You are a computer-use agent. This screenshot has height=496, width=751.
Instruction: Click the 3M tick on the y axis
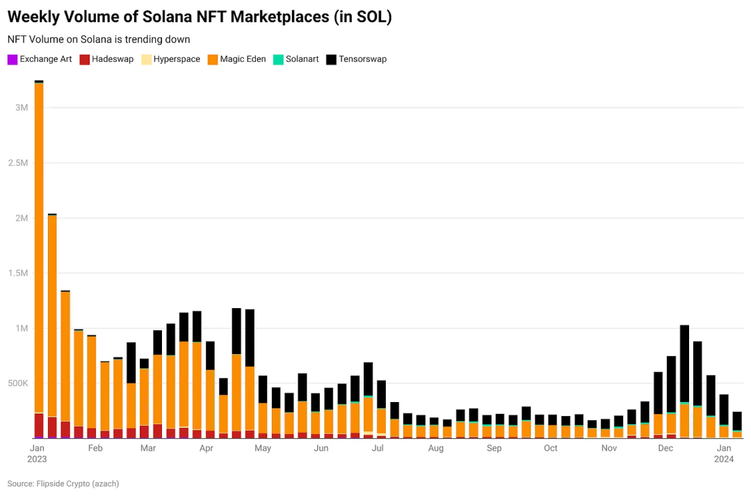[x=21, y=108]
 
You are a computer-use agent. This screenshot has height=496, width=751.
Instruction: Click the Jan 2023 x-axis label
[x=38, y=454]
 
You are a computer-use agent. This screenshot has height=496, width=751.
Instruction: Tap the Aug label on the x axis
[x=436, y=449]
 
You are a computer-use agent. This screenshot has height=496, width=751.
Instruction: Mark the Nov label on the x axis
[x=609, y=449]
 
